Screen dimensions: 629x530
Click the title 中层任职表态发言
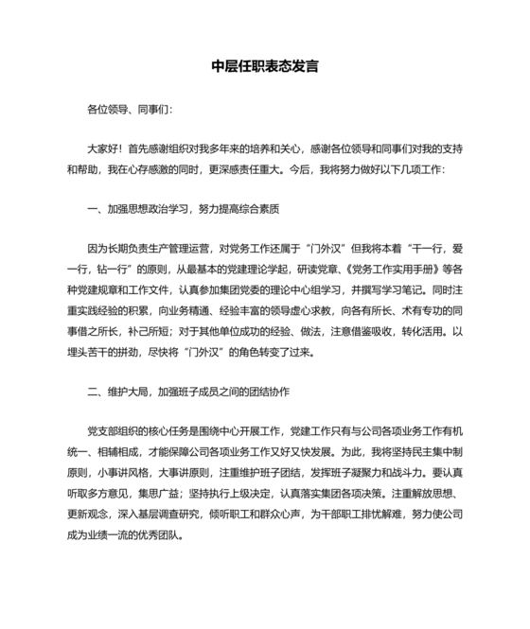[264, 68]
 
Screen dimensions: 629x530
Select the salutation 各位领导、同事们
[129, 110]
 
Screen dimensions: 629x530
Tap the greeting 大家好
[105, 149]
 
